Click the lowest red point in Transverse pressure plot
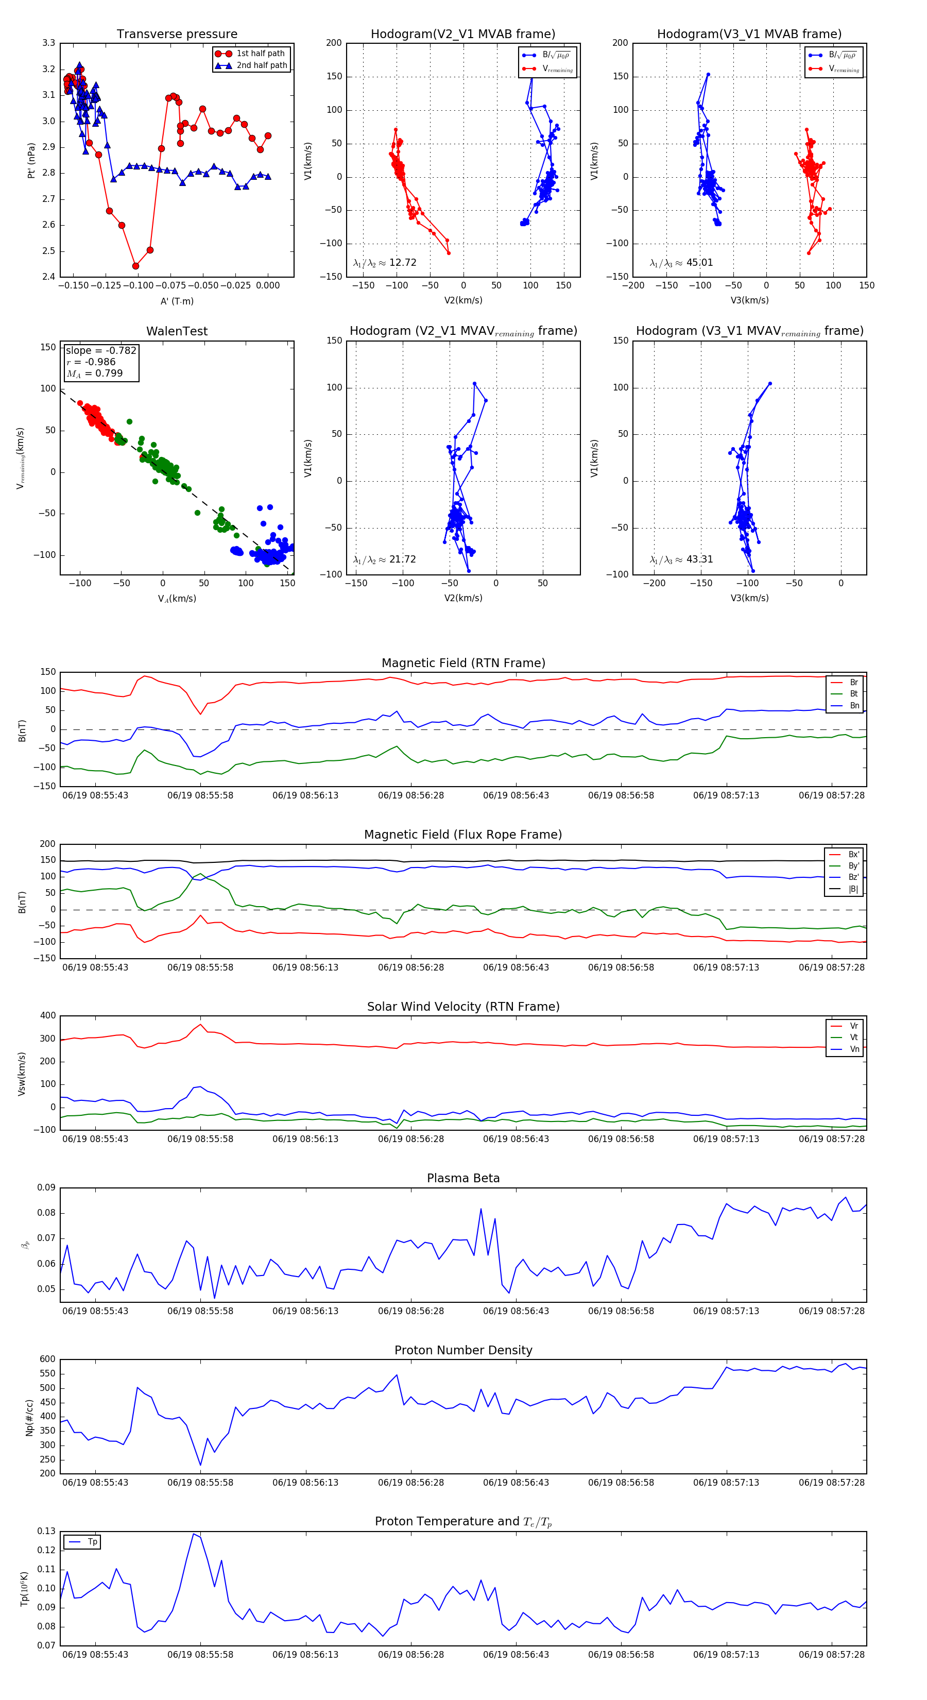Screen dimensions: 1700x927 (136, 266)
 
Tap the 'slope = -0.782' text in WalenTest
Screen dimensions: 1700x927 (101, 350)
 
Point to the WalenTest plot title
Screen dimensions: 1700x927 (177, 331)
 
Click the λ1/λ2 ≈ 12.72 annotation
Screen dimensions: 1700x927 (385, 263)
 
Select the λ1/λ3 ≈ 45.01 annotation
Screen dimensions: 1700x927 (681, 263)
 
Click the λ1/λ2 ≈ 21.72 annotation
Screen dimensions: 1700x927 (385, 559)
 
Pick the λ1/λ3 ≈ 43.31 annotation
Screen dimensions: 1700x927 (681, 559)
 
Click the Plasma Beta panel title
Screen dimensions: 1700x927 (463, 1179)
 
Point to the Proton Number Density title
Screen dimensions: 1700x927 (463, 1350)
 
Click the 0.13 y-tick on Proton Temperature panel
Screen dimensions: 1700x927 (46, 1531)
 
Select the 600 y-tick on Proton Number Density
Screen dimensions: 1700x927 (47, 1359)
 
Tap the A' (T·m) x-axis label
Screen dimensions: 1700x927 (177, 301)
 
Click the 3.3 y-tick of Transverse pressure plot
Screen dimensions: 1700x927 (49, 43)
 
